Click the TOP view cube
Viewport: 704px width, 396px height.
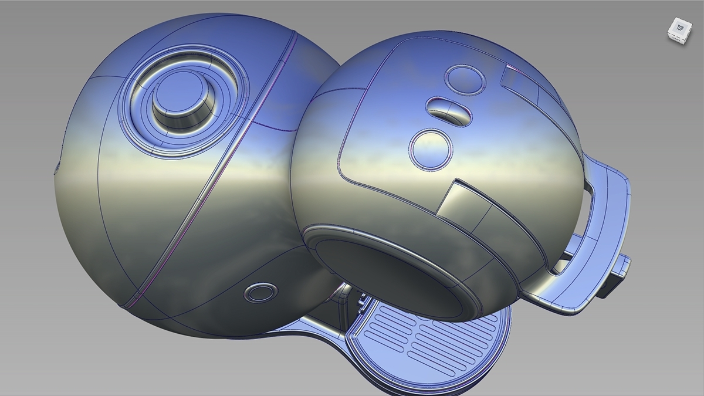tap(679, 29)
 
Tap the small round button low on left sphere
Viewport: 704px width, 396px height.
tap(260, 292)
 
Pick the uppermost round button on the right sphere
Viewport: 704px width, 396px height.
tap(465, 80)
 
